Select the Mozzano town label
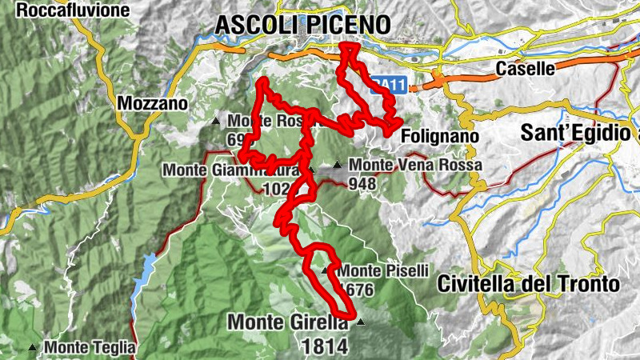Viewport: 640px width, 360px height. tap(152, 103)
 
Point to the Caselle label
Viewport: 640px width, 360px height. tap(525, 69)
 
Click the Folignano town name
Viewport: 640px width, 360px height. tap(439, 137)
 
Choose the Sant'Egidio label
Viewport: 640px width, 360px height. tap(580, 133)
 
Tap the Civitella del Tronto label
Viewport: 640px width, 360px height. tap(529, 284)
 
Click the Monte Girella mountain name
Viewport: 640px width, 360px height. tap(288, 322)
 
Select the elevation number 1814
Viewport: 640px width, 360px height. tap(325, 346)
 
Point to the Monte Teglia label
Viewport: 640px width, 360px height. tap(90, 348)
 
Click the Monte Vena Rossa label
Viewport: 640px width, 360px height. tap(416, 166)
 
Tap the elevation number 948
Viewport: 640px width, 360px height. tap(362, 184)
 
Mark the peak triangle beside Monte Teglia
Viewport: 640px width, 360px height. tap(32, 348)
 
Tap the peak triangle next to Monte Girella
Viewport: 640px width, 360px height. tap(360, 322)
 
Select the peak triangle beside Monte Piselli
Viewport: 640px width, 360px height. tap(325, 271)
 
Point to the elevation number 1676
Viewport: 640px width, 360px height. tap(358, 290)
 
